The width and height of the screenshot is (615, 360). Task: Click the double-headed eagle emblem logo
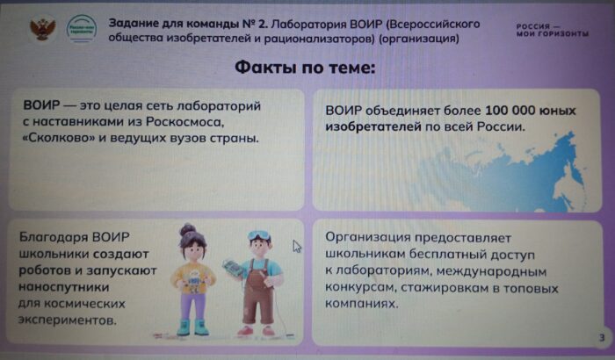pyautogui.click(x=40, y=29)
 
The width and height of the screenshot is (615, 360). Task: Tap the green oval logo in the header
pyautogui.click(x=80, y=29)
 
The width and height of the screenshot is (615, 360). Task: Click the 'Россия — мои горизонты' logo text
pyautogui.click(x=551, y=30)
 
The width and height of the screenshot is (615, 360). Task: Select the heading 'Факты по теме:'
pyautogui.click(x=304, y=68)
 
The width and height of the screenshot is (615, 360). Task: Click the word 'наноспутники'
pyautogui.click(x=66, y=287)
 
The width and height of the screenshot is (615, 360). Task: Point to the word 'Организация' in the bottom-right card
pyautogui.click(x=367, y=238)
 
